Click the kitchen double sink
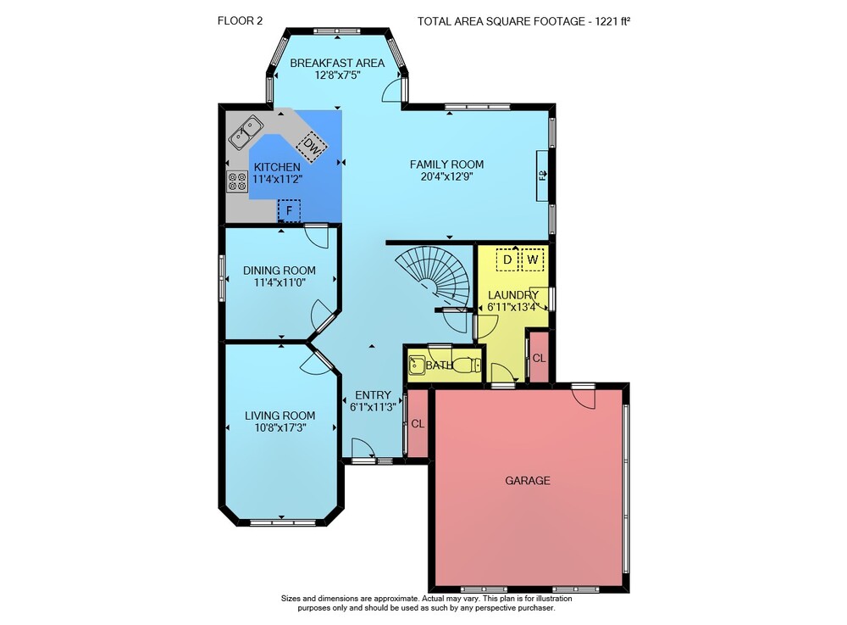[x=246, y=132]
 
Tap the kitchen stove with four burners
[x=237, y=181]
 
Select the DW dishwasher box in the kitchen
[x=312, y=145]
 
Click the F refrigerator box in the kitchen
[x=289, y=210]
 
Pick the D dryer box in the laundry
[x=507, y=259]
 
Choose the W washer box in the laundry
[x=533, y=259]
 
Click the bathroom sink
[x=417, y=366]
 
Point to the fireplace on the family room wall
[x=542, y=176]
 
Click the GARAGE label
[x=528, y=481]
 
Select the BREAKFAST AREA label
[x=337, y=64]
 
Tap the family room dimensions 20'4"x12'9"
[x=446, y=176]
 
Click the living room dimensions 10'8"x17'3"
[x=280, y=427]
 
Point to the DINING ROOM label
[x=280, y=271]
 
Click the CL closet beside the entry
[x=418, y=424]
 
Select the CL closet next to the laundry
[x=539, y=358]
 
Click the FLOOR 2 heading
[x=240, y=21]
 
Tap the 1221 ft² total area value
[x=613, y=22]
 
